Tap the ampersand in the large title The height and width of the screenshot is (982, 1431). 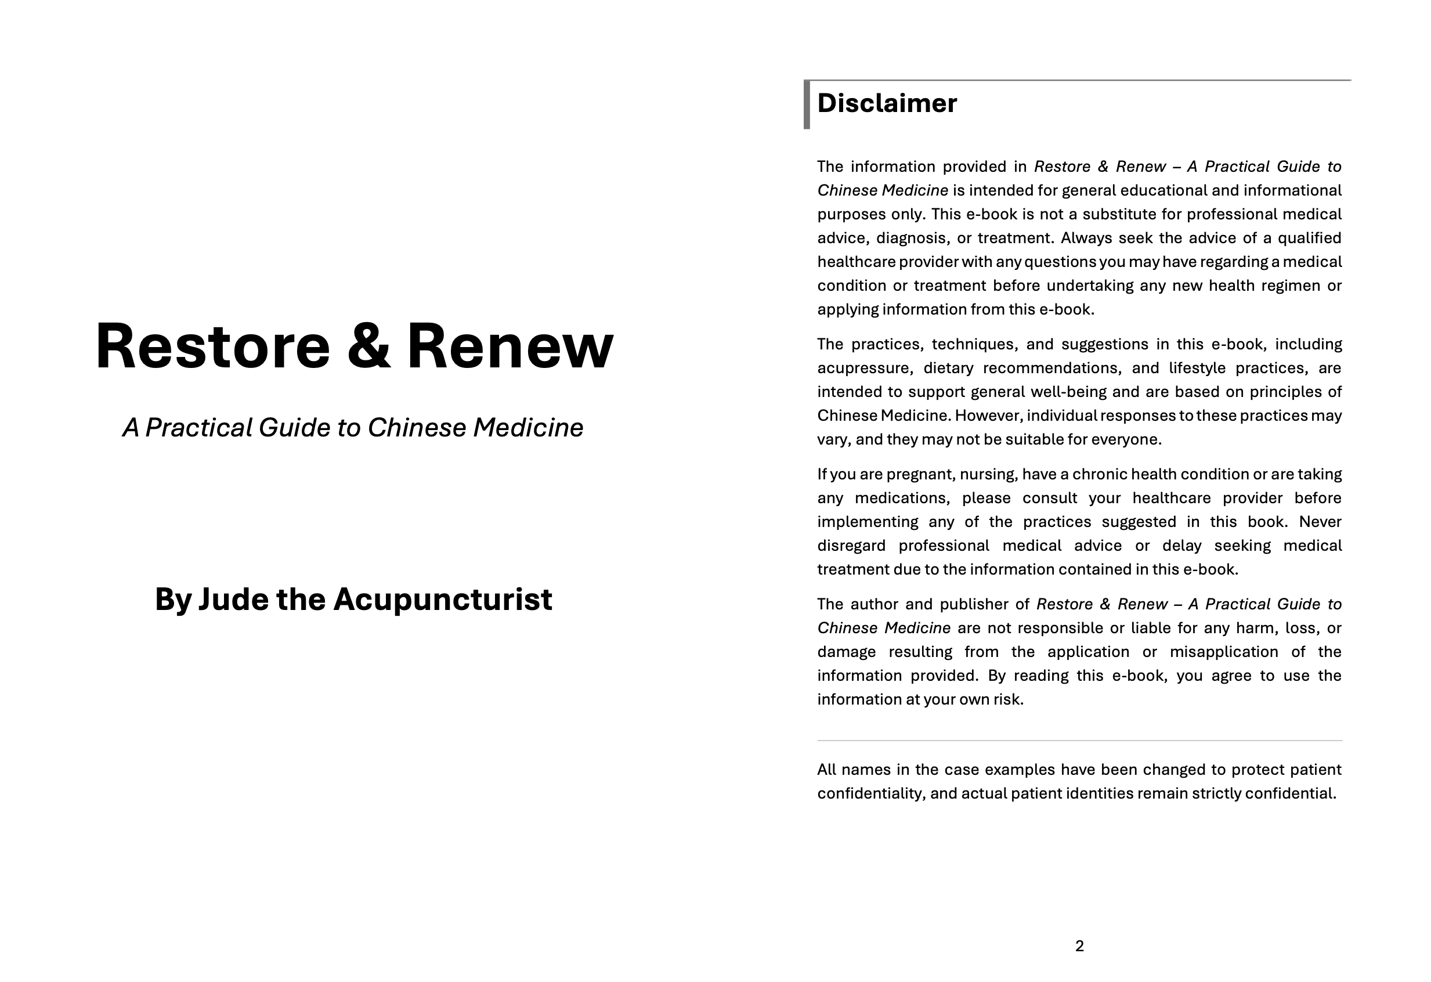coord(368,346)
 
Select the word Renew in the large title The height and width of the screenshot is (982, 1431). coord(510,346)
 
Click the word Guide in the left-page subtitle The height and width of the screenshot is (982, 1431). coord(294,428)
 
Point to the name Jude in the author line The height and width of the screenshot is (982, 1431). coord(233,600)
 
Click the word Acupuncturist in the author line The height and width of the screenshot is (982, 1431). coord(443,600)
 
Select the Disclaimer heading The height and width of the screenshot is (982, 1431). coord(887,103)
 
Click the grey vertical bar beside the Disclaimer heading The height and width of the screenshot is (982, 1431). coord(807,104)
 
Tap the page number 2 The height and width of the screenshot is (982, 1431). coord(1079,946)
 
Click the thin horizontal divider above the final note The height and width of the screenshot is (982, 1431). coord(1079,741)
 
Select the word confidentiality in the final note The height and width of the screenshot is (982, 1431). coord(870,793)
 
